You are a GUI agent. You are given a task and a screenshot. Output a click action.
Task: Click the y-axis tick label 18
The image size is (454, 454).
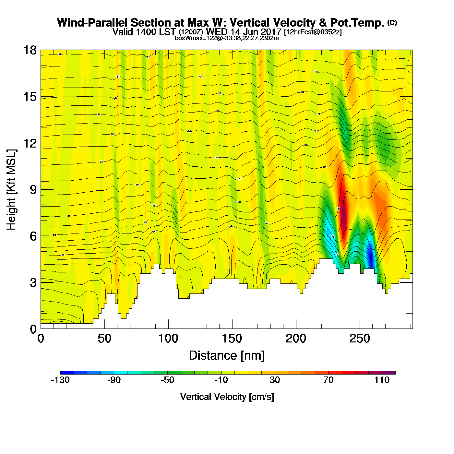coord(30,50)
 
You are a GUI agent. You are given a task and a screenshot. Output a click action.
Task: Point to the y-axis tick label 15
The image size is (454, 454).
coord(30,97)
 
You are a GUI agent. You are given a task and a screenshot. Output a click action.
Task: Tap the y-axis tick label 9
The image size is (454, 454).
coord(33,190)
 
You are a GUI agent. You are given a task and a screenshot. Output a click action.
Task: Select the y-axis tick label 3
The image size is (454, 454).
coord(33,283)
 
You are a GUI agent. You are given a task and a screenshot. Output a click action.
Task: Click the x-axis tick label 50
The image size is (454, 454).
coord(104,339)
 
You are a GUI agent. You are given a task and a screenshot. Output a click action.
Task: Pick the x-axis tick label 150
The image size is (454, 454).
coord(232,339)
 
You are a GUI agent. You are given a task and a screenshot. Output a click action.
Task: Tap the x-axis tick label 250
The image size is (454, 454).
coord(359,339)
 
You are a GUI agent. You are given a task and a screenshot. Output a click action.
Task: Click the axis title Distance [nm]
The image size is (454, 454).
coord(227,356)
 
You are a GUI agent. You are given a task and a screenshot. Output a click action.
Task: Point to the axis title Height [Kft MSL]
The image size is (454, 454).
coord(11,190)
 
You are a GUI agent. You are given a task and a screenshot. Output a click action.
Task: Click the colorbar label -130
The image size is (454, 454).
coord(60,380)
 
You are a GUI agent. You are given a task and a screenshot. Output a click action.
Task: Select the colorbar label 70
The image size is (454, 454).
coord(328,380)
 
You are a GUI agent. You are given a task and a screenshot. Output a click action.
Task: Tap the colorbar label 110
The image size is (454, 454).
coord(382,380)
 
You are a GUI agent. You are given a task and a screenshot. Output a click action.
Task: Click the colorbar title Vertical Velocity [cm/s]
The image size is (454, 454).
coord(227,397)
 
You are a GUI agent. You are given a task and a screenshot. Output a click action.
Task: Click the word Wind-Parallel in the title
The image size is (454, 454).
coord(92,23)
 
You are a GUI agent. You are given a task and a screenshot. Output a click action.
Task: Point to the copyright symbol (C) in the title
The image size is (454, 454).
coord(392,22)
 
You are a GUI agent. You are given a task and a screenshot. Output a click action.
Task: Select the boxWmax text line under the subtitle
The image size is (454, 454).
coord(227,38)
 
